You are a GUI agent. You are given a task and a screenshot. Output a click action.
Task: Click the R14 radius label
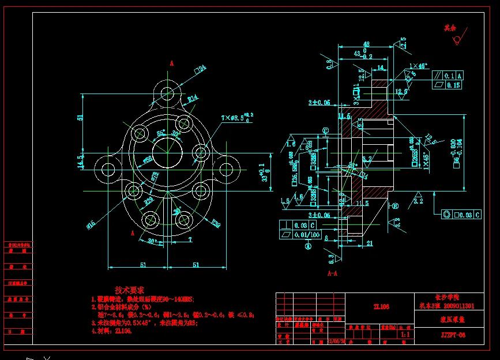pyautogui.click(x=193, y=98)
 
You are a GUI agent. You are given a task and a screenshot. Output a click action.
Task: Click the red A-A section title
pyautogui.click(x=333, y=272)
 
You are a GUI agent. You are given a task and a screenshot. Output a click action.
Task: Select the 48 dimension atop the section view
pyautogui.click(x=366, y=44)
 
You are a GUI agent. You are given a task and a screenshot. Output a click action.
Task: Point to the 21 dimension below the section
pyautogui.click(x=370, y=243)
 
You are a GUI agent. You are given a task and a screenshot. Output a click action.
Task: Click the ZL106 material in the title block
pyautogui.click(x=381, y=307)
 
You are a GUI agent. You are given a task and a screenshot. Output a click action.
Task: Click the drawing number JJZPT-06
pyautogui.click(x=453, y=335)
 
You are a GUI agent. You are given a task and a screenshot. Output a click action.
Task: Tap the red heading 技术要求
pyautogui.click(x=130, y=290)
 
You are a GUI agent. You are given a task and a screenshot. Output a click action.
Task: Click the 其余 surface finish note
pyautogui.click(x=449, y=27)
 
